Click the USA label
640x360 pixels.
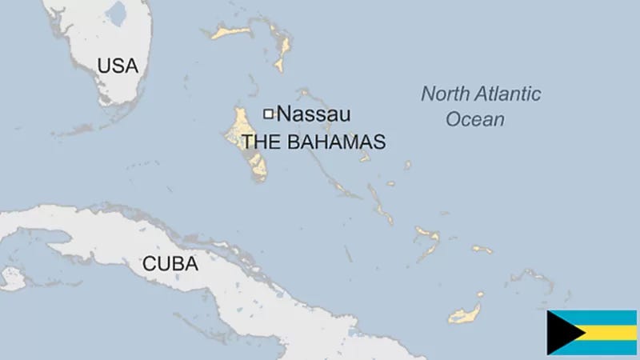click(118, 66)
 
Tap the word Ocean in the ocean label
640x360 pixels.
click(475, 120)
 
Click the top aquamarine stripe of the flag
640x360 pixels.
click(608, 317)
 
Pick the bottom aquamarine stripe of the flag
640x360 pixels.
click(608, 347)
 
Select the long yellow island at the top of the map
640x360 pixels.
click(232, 32)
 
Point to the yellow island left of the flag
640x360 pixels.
click(466, 314)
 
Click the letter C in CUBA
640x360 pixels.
click(149, 263)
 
